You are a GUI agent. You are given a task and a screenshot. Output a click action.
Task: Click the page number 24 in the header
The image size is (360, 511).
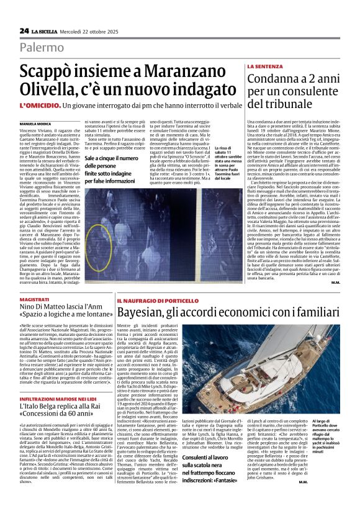(24, 30)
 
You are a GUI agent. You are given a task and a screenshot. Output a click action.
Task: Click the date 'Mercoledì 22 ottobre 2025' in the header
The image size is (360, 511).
(86, 30)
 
